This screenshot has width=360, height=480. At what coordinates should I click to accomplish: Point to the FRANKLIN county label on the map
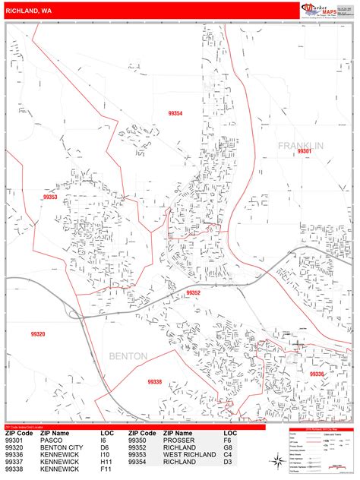pos(300,145)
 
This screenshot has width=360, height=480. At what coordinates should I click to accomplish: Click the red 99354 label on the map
pos(175,113)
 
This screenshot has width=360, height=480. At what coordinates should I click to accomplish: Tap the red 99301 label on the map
pos(305,152)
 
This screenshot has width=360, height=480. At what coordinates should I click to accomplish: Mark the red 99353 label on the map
pos(50,197)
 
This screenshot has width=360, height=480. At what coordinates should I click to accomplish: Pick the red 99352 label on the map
pos(193,292)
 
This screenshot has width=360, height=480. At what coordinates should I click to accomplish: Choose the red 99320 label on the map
pos(38,334)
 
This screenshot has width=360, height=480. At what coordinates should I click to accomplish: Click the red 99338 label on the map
pos(155,381)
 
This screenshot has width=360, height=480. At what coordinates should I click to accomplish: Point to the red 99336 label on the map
pos(316,374)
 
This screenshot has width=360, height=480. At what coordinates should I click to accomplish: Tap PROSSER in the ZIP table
pos(179,440)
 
